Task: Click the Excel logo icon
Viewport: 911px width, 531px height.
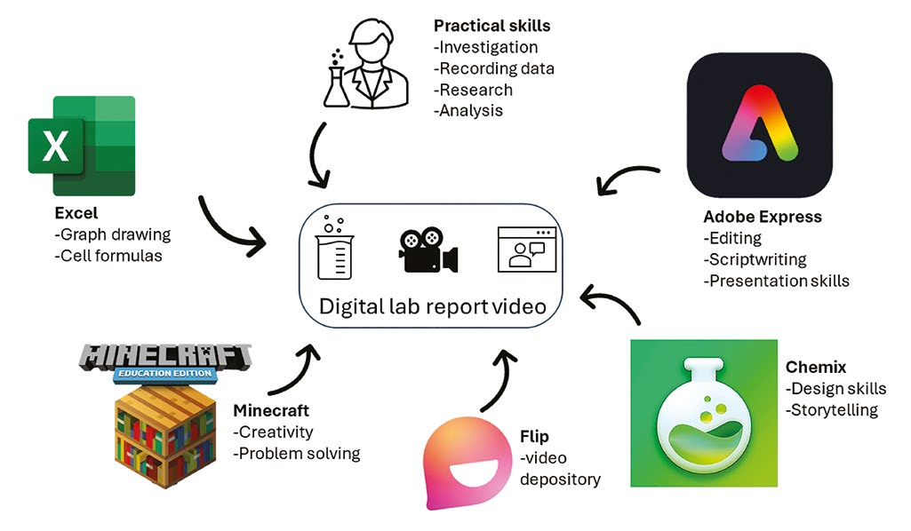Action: (x=82, y=146)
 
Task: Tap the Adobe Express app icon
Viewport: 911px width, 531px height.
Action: (x=759, y=125)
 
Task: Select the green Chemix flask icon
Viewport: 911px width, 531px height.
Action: (x=704, y=413)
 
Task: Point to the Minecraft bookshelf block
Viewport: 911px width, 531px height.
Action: (x=165, y=436)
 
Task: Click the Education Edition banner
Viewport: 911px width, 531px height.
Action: (x=165, y=373)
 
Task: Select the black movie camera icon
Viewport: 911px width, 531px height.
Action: (x=428, y=250)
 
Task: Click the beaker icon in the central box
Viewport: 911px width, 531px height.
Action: (x=335, y=248)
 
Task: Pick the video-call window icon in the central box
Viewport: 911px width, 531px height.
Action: (x=527, y=250)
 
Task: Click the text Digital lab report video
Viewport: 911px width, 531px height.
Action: (x=433, y=306)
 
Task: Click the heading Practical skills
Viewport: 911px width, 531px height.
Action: (x=492, y=26)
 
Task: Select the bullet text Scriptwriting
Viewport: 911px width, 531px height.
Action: (x=755, y=259)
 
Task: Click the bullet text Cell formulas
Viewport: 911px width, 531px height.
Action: (x=108, y=256)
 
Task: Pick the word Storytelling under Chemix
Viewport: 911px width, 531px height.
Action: (x=832, y=410)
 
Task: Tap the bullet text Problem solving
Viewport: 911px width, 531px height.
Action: (x=297, y=453)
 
